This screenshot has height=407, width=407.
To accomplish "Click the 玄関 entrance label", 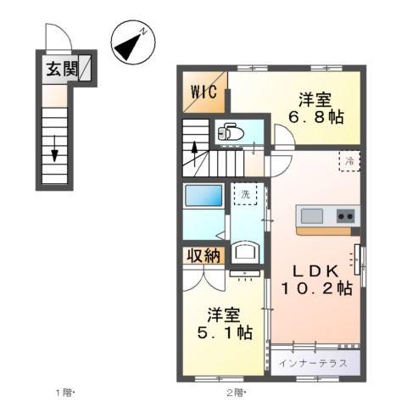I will tap(57, 70).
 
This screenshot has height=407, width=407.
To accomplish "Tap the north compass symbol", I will tap(131, 43).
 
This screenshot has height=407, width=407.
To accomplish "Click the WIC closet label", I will tap(203, 91).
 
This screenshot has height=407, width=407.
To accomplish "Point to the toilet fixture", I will tap(230, 132).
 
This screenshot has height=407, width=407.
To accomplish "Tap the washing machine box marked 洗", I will tap(244, 193).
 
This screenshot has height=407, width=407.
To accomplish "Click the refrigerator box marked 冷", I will tap(348, 159).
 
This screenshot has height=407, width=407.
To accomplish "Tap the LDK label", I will tap(316, 270).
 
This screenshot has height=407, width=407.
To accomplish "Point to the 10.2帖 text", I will tap(316, 288).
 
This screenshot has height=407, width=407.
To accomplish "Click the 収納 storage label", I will tap(203, 254).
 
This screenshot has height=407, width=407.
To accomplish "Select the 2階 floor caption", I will tap(235, 392).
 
